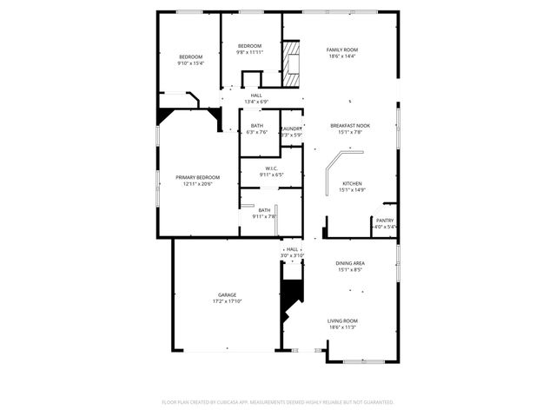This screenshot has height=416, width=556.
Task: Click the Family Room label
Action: tap(341, 50)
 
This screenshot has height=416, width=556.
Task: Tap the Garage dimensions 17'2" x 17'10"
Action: tap(227, 301)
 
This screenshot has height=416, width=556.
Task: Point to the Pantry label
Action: tap(384, 221)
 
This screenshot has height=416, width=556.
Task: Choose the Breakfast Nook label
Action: tap(350, 126)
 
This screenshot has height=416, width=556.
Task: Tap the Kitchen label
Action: tap(352, 183)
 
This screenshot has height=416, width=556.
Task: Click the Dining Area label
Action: tap(350, 263)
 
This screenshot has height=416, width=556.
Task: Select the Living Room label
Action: tap(342, 320)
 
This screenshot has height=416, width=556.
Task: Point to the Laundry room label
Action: tap(291, 129)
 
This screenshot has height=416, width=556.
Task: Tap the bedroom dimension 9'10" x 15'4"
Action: tap(190, 63)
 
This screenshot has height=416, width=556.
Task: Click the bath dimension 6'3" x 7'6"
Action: tap(257, 133)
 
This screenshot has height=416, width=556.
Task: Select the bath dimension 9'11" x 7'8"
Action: tap(264, 216)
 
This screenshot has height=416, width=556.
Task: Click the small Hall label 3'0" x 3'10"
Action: tap(292, 255)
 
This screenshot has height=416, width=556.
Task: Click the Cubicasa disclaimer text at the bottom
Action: tap(278, 402)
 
